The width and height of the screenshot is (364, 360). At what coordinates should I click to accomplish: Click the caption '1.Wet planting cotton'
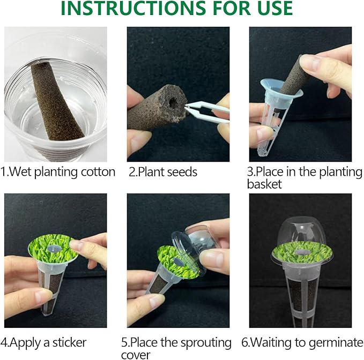58,172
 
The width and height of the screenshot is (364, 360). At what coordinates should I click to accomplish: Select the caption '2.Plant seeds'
163,172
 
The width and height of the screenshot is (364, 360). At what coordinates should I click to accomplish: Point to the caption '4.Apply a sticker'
44,342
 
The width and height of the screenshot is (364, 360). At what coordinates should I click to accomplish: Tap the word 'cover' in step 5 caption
143,354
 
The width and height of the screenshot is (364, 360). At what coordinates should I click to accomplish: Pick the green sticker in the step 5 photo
174,259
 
